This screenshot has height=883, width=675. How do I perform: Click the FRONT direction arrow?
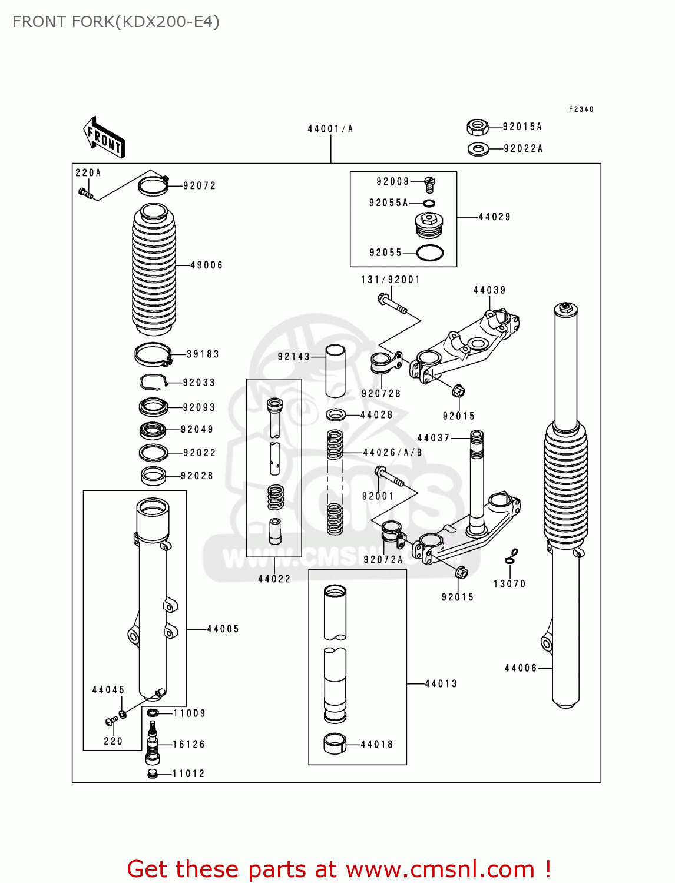104,137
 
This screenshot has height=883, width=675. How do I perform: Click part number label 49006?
207,265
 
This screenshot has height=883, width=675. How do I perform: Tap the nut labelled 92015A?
477,127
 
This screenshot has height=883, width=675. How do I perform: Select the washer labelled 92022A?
478,149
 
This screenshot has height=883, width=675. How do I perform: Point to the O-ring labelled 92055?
429,253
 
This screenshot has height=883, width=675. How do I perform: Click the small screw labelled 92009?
430,185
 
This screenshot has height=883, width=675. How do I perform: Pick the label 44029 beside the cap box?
494,217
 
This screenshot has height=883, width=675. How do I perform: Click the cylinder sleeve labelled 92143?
336,370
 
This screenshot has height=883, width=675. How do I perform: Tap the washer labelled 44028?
336,415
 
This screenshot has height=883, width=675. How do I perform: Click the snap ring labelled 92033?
153,382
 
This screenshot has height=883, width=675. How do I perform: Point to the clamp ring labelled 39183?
153,354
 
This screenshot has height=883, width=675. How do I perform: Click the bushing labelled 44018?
335,743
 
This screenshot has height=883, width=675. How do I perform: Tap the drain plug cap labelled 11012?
153,774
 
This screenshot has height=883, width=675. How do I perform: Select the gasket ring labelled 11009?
153,713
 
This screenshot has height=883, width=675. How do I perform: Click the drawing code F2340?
581,109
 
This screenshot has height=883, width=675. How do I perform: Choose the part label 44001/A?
330,129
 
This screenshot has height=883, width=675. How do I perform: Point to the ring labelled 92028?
154,476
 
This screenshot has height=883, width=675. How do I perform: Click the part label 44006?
521,668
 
